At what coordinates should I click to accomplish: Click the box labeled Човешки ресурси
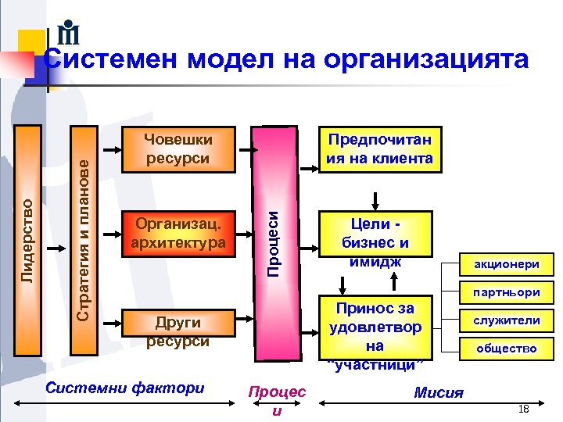pyautogui.click(x=179, y=148)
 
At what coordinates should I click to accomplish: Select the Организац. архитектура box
pyautogui.click(x=179, y=233)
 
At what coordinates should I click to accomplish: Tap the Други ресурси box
pyautogui.click(x=179, y=331)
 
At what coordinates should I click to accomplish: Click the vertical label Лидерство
pyautogui.click(x=27, y=239)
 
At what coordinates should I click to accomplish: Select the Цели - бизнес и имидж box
pyautogui.click(x=375, y=243)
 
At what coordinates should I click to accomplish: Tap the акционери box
pyautogui.click(x=507, y=264)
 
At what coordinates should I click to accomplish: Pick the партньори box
pyautogui.click(x=507, y=292)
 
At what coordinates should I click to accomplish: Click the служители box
pyautogui.click(x=507, y=320)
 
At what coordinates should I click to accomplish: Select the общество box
pyautogui.click(x=507, y=349)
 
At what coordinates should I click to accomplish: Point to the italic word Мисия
pyautogui.click(x=439, y=392)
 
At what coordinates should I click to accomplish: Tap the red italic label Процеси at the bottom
pyautogui.click(x=277, y=400)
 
